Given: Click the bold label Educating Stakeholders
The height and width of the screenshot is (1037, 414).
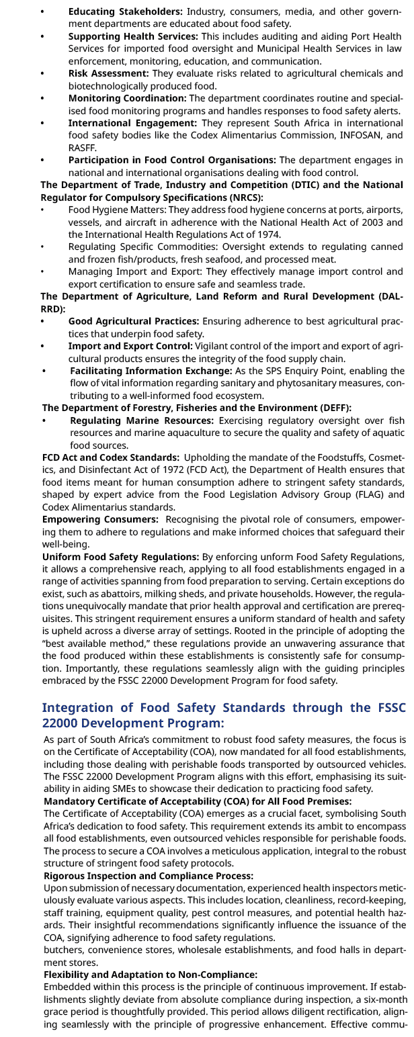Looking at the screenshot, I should click(125, 11).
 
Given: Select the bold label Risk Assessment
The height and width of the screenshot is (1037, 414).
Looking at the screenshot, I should click(108, 73).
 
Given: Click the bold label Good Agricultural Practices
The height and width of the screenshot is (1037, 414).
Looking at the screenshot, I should click(133, 321).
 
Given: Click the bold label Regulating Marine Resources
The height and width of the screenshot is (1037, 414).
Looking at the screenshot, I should click(142, 420).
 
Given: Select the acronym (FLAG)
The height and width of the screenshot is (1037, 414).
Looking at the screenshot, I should click(360, 495).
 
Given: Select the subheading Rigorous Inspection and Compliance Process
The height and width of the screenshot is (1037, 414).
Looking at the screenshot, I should click(149, 876).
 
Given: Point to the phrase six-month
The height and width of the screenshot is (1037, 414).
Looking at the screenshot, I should click(377, 999).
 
